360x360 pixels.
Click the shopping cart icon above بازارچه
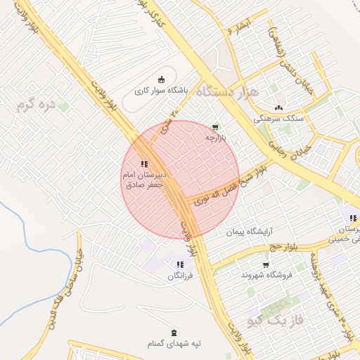tap(215, 127)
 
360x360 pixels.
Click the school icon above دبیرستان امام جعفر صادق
tap(143, 163)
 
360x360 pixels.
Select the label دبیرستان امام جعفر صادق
tap(143, 180)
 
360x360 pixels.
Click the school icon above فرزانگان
tap(179, 264)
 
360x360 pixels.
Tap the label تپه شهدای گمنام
tap(174, 343)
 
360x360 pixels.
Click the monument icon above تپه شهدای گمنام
tap(174, 331)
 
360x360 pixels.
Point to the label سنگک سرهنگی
tap(279, 119)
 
